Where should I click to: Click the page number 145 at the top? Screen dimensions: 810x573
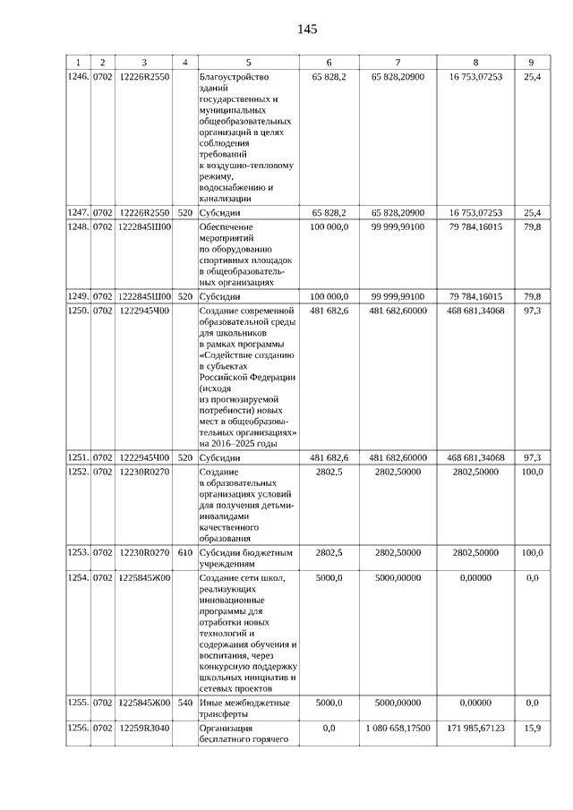click(307, 29)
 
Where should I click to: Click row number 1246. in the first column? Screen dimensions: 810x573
click(79, 77)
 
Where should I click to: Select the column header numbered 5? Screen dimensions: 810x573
click(248, 62)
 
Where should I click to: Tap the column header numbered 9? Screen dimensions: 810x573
click(532, 62)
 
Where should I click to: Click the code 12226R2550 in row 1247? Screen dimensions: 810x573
click(144, 213)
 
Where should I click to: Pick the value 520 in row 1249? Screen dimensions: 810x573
click(184, 295)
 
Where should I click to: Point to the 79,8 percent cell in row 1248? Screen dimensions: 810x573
click(532, 227)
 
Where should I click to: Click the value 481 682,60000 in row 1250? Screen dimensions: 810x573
click(398, 310)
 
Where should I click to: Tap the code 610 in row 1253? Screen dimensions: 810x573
click(184, 553)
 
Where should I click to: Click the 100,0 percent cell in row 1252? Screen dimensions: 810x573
click(532, 471)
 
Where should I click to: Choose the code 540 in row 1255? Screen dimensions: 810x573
click(184, 703)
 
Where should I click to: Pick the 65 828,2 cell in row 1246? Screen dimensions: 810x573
click(329, 77)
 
